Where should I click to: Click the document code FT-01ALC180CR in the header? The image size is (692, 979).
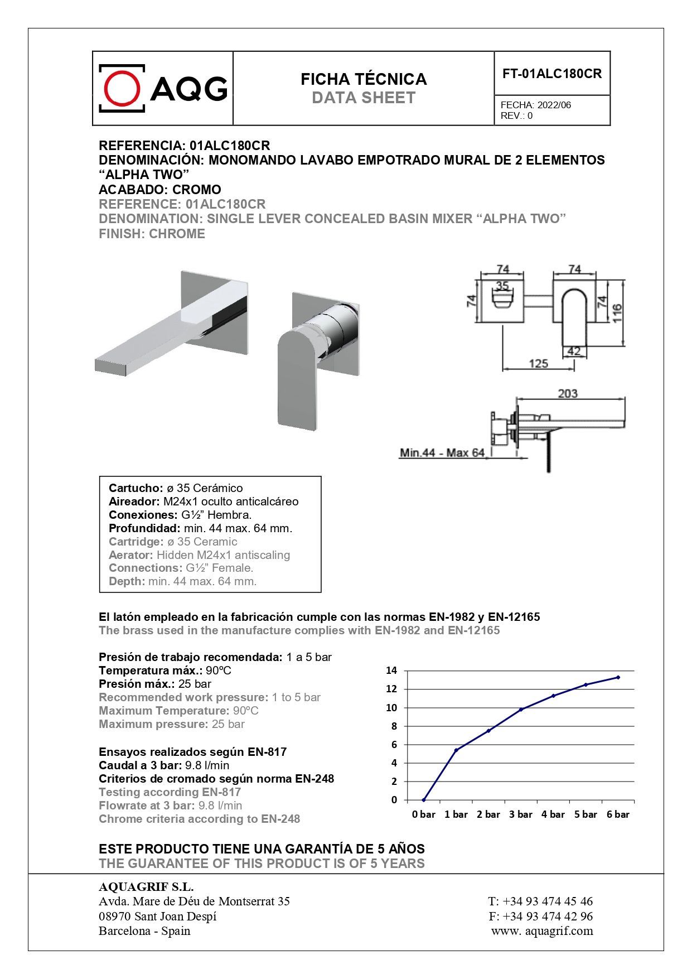(x=552, y=74)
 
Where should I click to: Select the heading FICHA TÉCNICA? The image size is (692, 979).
(x=364, y=79)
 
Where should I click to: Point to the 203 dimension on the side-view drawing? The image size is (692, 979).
(x=568, y=393)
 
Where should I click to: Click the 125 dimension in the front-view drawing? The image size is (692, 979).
(x=538, y=364)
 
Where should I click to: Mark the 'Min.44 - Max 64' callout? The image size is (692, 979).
(x=442, y=452)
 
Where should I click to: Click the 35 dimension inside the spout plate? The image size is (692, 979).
(x=502, y=286)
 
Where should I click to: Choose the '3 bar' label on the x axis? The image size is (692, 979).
(x=521, y=814)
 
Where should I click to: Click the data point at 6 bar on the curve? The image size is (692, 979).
(x=618, y=677)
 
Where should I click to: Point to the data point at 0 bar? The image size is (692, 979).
(x=424, y=800)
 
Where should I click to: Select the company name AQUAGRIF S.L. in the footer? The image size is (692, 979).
(x=146, y=887)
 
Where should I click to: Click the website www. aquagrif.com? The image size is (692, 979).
(x=542, y=930)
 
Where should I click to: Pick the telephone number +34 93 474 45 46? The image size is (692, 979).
(x=548, y=901)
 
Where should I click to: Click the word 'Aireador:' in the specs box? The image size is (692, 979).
(x=134, y=501)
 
